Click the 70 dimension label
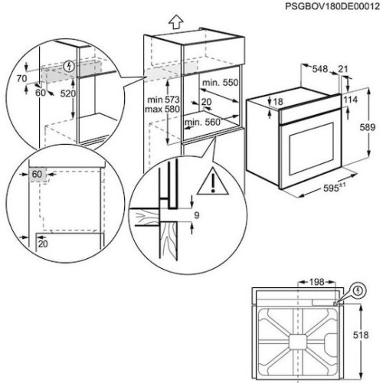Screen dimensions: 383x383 pos(22,78)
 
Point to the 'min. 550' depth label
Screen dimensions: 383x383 pos(218,82)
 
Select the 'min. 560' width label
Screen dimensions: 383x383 pos(203,122)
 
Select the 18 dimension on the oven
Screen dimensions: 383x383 pos(279,102)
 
